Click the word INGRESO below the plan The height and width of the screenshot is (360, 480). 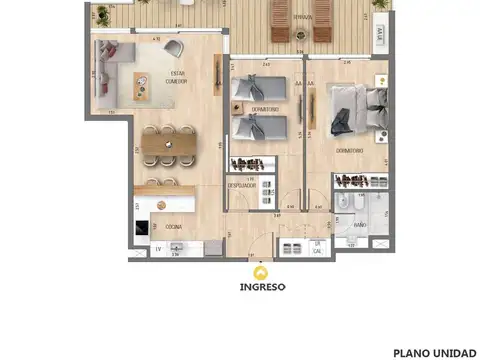(x=262, y=286)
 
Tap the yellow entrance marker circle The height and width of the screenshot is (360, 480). (x=262, y=270)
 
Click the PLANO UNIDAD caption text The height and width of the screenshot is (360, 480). (x=434, y=352)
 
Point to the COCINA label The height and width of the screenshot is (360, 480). (x=174, y=228)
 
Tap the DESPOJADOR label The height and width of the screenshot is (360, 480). (x=242, y=185)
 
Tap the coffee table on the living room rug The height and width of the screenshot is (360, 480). (x=141, y=88)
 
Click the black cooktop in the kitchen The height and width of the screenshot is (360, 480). (x=142, y=227)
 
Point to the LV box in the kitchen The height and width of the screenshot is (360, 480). (x=157, y=250)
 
